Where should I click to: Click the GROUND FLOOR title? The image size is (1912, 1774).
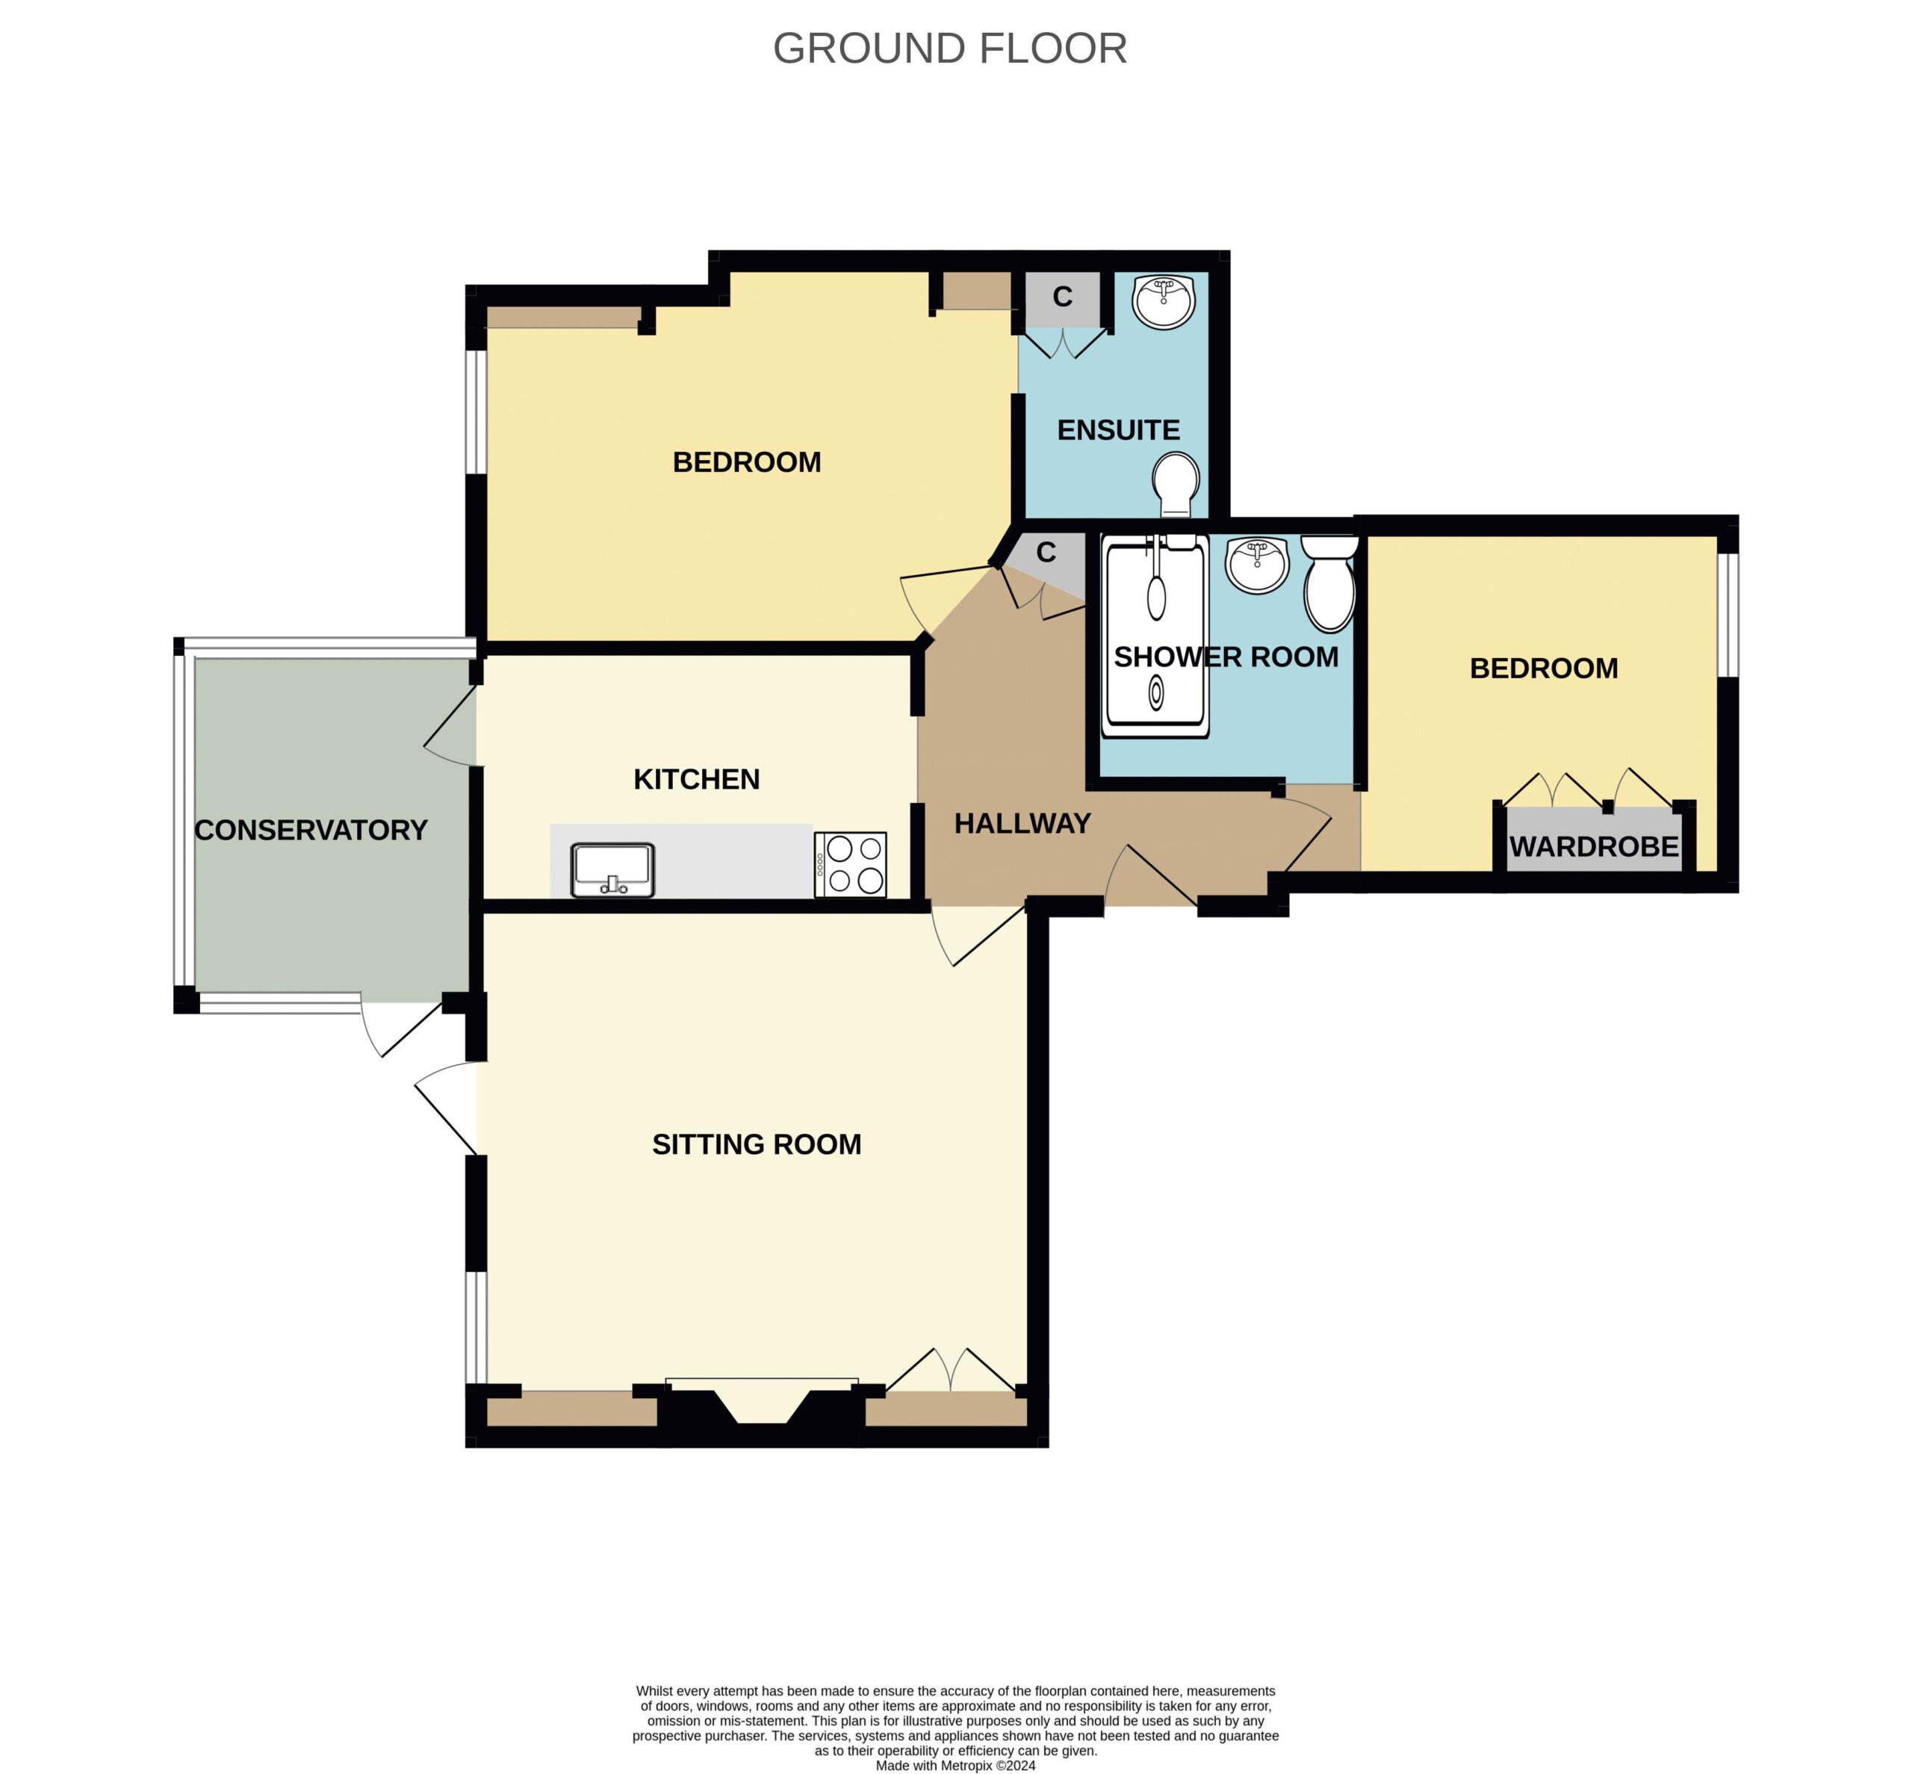pyautogui.click(x=949, y=48)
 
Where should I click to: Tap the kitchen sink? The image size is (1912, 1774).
pyautogui.click(x=612, y=869)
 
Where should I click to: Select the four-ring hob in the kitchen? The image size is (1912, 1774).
pyautogui.click(x=849, y=864)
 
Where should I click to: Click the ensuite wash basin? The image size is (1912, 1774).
pyautogui.click(x=1164, y=302)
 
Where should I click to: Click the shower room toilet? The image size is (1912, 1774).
pyautogui.click(x=1329, y=583)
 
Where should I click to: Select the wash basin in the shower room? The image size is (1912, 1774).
pyautogui.click(x=1256, y=565)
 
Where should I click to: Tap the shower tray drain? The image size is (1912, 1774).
pyautogui.click(x=1155, y=692)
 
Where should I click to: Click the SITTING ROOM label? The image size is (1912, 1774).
pyautogui.click(x=757, y=1144)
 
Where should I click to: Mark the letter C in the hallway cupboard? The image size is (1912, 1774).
pyautogui.click(x=1046, y=552)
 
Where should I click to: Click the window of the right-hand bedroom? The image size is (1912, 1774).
pyautogui.click(x=1727, y=615)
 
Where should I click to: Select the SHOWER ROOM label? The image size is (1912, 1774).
pyautogui.click(x=1226, y=657)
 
